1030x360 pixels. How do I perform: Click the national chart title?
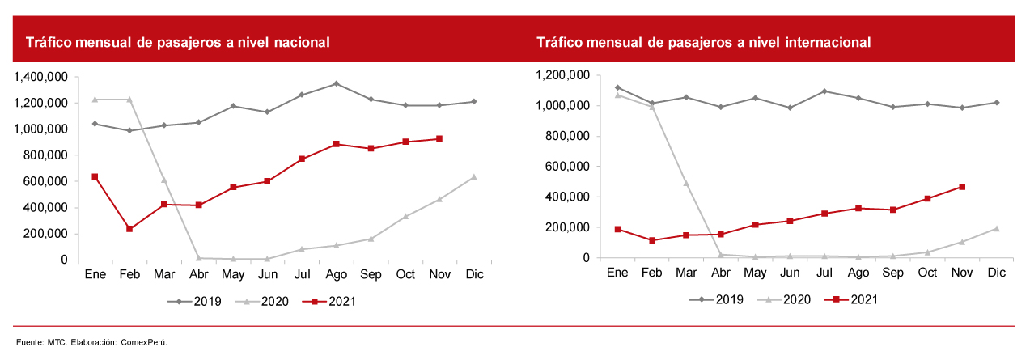(x=177, y=43)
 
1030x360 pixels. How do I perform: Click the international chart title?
(x=703, y=43)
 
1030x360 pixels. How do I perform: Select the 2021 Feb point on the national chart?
(x=129, y=229)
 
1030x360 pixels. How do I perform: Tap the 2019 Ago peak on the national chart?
(x=336, y=83)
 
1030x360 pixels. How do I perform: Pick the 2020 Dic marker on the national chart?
(x=474, y=176)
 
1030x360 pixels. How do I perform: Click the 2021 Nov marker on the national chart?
(x=439, y=138)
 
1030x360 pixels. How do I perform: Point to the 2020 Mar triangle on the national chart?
(x=163, y=180)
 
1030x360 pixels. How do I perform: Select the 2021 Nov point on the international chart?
(x=962, y=187)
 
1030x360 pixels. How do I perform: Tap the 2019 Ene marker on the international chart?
(x=618, y=87)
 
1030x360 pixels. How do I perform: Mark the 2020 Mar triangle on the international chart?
(x=687, y=183)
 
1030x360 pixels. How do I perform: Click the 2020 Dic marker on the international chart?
(x=997, y=228)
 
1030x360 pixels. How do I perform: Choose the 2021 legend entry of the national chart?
(x=329, y=302)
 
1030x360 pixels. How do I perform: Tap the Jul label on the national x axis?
(x=301, y=275)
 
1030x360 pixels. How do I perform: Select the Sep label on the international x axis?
(x=893, y=273)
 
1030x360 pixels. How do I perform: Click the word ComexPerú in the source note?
(x=144, y=342)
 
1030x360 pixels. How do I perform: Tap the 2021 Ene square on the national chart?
(x=95, y=176)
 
